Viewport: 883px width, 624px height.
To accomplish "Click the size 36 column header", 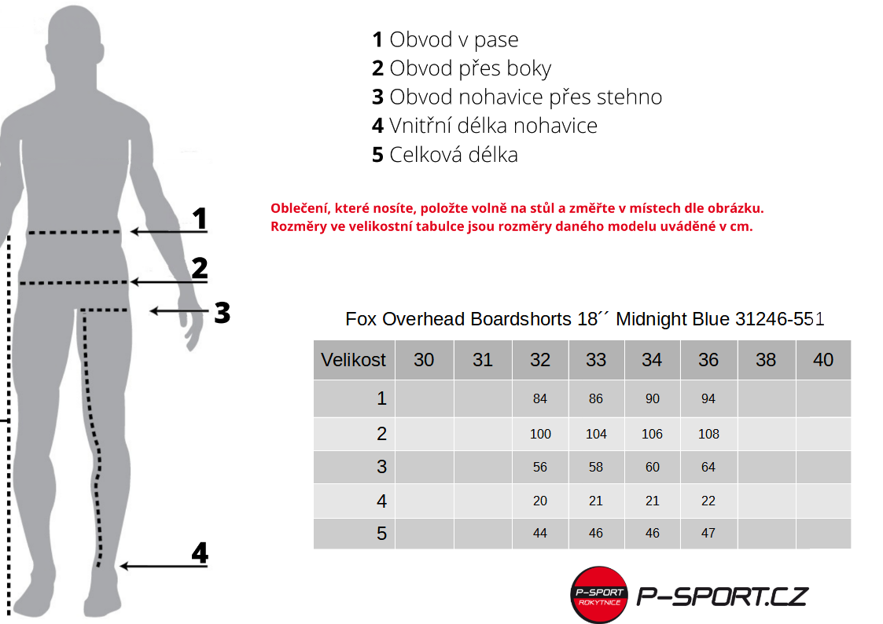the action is coord(708,359).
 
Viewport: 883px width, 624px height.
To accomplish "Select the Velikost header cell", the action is coord(354,359).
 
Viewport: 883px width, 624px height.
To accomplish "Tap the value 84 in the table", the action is coord(540,399).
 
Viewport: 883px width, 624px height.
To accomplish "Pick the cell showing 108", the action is coord(708,434).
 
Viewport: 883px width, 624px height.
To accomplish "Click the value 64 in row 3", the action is coord(708,467).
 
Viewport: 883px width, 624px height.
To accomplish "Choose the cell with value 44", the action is coord(540,533).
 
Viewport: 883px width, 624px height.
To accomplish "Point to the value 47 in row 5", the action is coord(708,533).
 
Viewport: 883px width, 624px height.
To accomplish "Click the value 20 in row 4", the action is coord(540,501).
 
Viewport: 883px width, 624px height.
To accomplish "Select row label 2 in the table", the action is coord(382,434).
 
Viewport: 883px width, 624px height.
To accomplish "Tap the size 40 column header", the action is coord(823,359).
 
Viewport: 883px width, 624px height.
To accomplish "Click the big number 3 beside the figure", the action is coord(223,313).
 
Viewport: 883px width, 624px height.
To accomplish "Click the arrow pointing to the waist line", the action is coord(169,231).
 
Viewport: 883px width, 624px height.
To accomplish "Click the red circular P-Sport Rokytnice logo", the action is coord(599,595).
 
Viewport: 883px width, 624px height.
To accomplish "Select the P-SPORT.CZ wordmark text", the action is coord(723,596).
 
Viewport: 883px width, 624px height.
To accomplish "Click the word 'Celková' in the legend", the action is coord(426,155).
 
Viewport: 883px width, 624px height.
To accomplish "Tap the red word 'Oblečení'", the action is coord(300,208).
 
